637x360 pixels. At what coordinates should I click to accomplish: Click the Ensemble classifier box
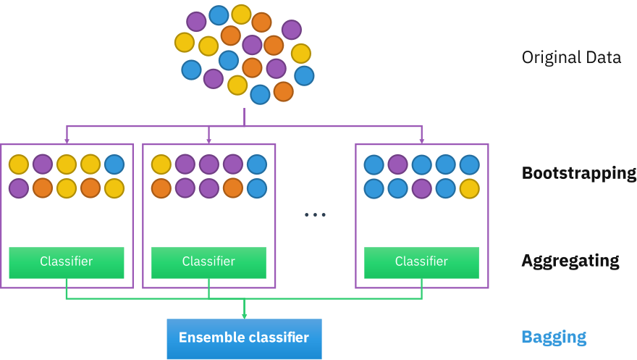(244, 338)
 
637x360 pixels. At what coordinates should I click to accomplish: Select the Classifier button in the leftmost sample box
(67, 261)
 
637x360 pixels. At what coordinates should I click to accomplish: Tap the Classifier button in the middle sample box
(208, 261)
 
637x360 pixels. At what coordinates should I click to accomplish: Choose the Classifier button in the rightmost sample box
(421, 261)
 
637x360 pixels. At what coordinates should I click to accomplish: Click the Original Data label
(571, 57)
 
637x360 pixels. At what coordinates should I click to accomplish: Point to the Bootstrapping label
(578, 174)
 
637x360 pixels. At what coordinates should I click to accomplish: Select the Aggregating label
(570, 261)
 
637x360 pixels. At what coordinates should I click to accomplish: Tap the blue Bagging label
(554, 337)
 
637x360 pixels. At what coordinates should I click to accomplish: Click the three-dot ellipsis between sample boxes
(315, 215)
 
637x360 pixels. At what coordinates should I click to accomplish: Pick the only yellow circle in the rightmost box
(469, 188)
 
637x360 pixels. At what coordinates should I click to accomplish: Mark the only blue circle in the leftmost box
(114, 164)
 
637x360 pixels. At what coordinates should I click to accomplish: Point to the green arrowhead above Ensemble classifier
(244, 316)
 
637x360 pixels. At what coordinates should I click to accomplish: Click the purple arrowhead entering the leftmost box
(67, 140)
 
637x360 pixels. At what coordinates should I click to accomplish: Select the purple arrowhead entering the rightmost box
(421, 140)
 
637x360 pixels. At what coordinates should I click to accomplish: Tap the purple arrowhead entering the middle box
(208, 140)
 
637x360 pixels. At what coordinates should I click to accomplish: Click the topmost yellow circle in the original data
(241, 14)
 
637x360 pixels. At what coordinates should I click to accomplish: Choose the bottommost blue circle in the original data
(260, 94)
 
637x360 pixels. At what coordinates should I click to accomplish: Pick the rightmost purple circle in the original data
(291, 30)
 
